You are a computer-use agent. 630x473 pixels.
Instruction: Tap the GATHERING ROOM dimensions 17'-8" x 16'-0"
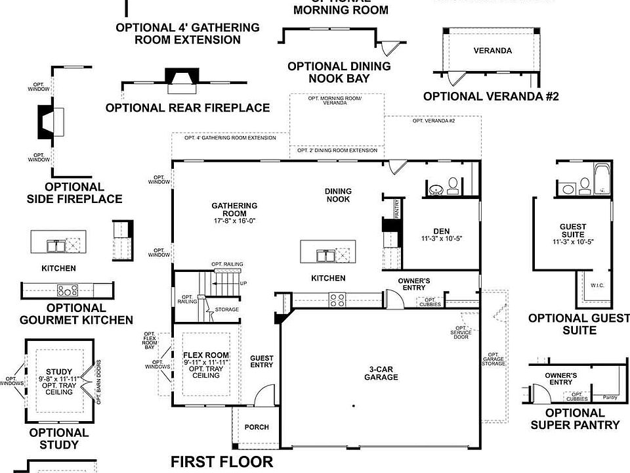point(234,221)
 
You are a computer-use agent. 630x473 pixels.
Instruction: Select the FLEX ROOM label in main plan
point(206,355)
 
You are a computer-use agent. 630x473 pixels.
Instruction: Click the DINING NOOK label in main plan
point(338,195)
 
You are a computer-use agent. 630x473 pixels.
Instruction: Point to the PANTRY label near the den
point(397,210)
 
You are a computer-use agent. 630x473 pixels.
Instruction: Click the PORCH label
point(257,427)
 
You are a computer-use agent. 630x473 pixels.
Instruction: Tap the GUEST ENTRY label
point(262,362)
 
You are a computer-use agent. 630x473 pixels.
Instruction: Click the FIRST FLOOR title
point(222,462)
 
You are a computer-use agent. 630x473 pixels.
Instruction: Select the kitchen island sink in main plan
point(325,254)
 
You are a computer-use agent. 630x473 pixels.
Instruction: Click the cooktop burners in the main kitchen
point(337,300)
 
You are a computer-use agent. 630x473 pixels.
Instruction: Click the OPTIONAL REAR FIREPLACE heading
point(188,108)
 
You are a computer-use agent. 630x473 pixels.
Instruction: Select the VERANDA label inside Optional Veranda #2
point(493,51)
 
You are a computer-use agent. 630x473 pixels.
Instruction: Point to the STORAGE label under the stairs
point(227,309)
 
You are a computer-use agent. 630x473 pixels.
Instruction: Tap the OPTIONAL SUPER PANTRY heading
point(575,418)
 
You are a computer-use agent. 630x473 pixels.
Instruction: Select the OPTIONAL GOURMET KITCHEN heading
point(77,314)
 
